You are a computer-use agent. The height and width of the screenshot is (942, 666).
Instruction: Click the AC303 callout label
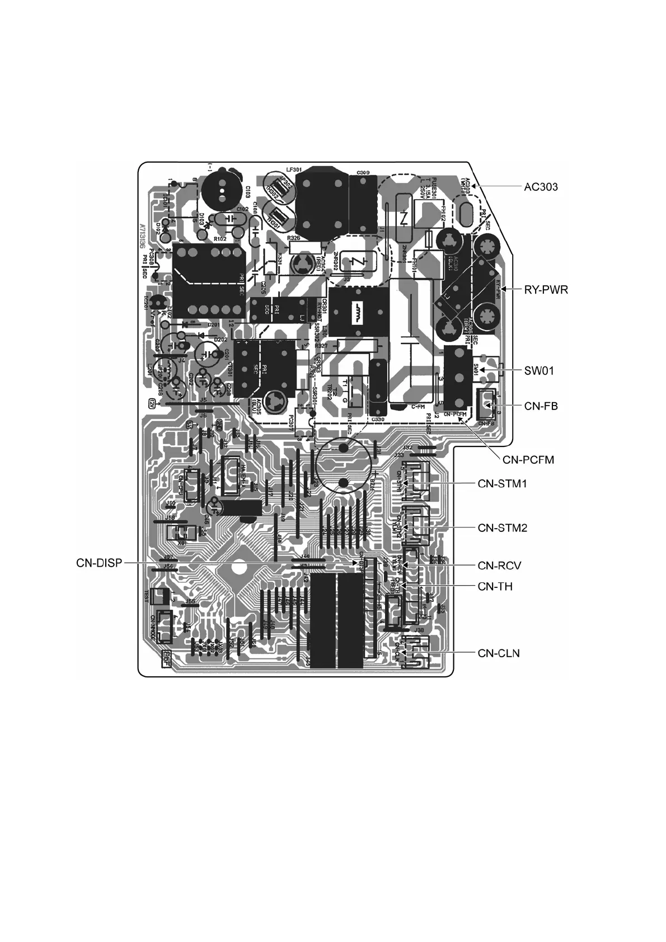(541, 187)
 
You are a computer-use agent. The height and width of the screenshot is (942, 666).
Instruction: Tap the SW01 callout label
(539, 370)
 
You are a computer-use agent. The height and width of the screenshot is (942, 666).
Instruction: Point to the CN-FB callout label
(541, 406)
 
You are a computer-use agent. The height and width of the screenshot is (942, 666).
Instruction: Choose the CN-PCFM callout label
(528, 460)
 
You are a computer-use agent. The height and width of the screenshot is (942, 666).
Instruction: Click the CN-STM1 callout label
(502, 484)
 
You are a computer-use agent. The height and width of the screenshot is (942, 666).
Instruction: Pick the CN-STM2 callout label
(502, 527)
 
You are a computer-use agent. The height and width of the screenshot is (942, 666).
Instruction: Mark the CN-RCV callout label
(499, 566)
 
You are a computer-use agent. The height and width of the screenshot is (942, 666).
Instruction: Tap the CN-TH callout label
(495, 586)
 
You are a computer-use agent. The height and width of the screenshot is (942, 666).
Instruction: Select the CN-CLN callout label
(499, 653)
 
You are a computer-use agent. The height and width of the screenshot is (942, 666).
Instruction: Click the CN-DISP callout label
(99, 563)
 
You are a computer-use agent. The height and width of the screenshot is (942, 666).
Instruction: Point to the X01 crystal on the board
(180, 532)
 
